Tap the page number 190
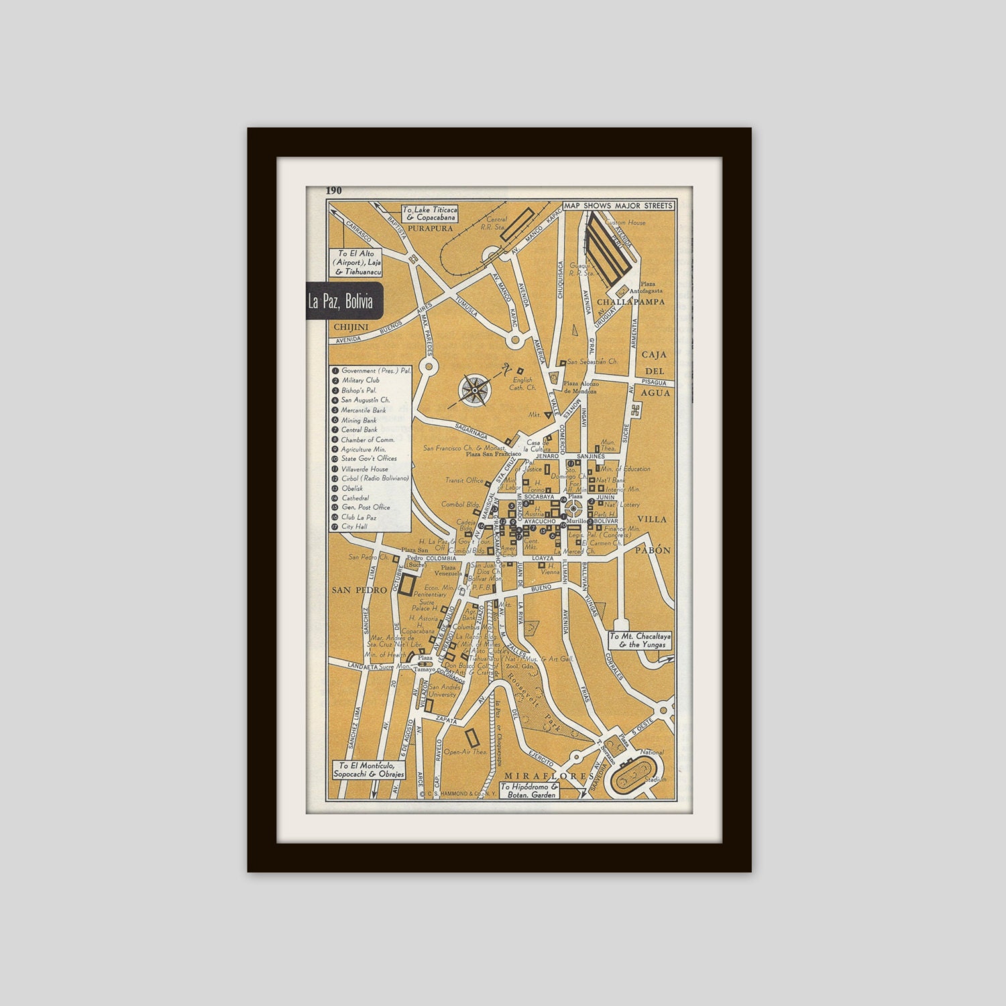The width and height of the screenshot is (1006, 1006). tap(334, 190)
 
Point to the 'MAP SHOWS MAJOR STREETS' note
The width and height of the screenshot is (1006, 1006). tap(618, 206)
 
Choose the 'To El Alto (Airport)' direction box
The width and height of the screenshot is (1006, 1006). tap(359, 264)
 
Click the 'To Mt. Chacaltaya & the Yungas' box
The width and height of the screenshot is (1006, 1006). tap(639, 640)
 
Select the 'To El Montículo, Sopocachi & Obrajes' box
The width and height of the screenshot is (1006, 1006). tap(371, 769)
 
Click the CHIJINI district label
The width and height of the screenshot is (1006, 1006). tap(351, 326)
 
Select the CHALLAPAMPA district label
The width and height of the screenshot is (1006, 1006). tap(630, 302)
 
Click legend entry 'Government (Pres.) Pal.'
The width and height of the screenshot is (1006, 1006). tap(376, 370)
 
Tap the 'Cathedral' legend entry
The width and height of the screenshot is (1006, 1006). tap(355, 498)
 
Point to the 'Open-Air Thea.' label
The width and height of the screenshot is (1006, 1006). tap(465, 752)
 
